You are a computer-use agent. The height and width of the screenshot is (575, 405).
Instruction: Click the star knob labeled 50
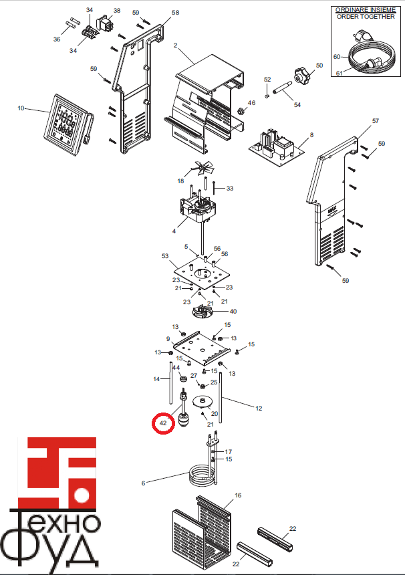coord(302,75)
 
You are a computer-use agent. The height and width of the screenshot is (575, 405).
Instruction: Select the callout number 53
coord(165,256)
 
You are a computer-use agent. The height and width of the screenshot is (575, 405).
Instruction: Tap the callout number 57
coord(376,120)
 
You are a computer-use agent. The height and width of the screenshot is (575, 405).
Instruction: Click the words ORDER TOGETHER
coord(366,17)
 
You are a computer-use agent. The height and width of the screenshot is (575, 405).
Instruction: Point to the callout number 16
coord(238,495)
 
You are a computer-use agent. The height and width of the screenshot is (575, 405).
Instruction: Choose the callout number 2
coord(176,45)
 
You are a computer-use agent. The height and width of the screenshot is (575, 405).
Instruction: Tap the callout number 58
coord(176,13)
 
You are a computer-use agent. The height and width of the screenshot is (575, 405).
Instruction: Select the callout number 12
coord(259,408)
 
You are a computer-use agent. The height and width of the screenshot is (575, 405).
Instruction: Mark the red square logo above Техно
coord(57,473)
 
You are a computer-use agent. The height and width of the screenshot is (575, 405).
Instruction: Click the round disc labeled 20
coord(202,402)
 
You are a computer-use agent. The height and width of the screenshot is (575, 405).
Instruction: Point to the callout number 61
coord(340,74)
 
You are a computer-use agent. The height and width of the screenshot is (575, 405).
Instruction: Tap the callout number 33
coord(230,189)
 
